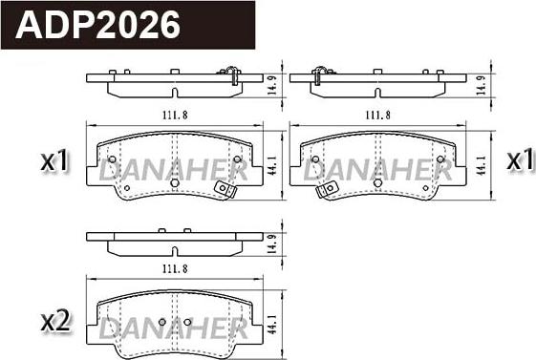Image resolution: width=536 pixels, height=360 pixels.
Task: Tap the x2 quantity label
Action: click(x=54, y=322)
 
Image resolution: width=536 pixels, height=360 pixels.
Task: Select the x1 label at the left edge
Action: click(x=54, y=162)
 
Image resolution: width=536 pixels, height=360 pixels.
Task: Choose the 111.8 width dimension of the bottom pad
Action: click(x=174, y=269)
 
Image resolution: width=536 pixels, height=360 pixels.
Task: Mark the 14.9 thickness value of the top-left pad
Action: click(x=274, y=86)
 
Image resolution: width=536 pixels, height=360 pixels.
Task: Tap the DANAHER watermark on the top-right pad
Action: click(x=378, y=172)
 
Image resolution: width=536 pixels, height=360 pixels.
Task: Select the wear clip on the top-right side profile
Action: click(x=322, y=71)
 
